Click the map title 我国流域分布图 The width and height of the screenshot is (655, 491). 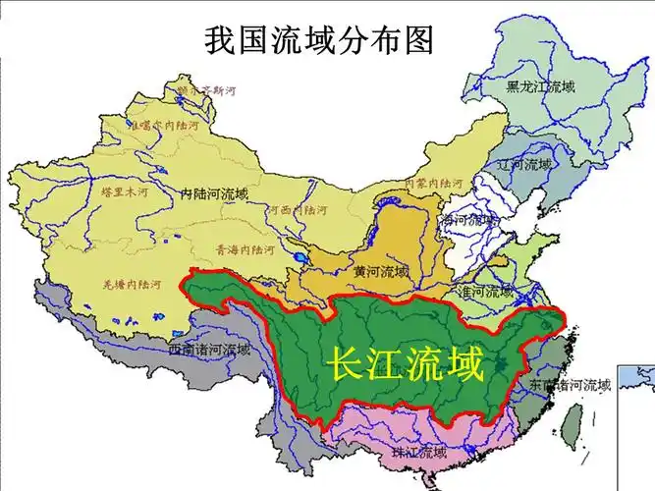coord(319,40)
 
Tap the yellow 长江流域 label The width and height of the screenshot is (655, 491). coord(405,366)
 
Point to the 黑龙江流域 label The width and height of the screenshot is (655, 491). coord(540,86)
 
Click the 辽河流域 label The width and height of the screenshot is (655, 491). coord(524,164)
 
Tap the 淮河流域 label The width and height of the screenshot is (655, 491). coord(485,292)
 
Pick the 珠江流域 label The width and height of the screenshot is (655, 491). coord(418,453)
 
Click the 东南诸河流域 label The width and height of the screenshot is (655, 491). coord(571,385)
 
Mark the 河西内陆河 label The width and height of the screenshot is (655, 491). coord(298,209)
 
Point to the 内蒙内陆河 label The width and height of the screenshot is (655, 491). coord(434,183)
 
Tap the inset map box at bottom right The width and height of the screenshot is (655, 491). coord(634,409)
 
